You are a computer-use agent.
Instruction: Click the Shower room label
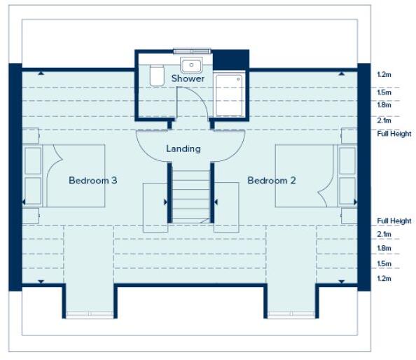pyautogui.click(x=188, y=78)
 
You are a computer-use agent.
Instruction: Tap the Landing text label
pyautogui.click(x=183, y=148)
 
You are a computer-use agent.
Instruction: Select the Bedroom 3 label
pyautogui.click(x=92, y=181)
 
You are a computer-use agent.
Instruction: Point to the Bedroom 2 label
pyautogui.click(x=272, y=181)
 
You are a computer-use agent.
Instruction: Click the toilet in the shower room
pyautogui.click(x=157, y=75)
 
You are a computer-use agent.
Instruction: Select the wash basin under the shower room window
pyautogui.click(x=191, y=65)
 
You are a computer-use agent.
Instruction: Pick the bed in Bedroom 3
pyautogui.click(x=64, y=175)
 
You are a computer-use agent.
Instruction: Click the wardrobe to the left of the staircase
pyautogui.click(x=155, y=207)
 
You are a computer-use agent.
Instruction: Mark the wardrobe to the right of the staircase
pyautogui.click(x=226, y=207)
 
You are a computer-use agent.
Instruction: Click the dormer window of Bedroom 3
pyautogui.click(x=89, y=314)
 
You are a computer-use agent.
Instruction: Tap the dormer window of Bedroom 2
pyautogui.click(x=291, y=314)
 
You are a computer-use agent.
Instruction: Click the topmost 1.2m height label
pyautogui.click(x=383, y=74)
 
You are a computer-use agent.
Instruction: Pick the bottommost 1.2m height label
pyautogui.click(x=383, y=278)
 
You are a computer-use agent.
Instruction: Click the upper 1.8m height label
pyautogui.click(x=383, y=104)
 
